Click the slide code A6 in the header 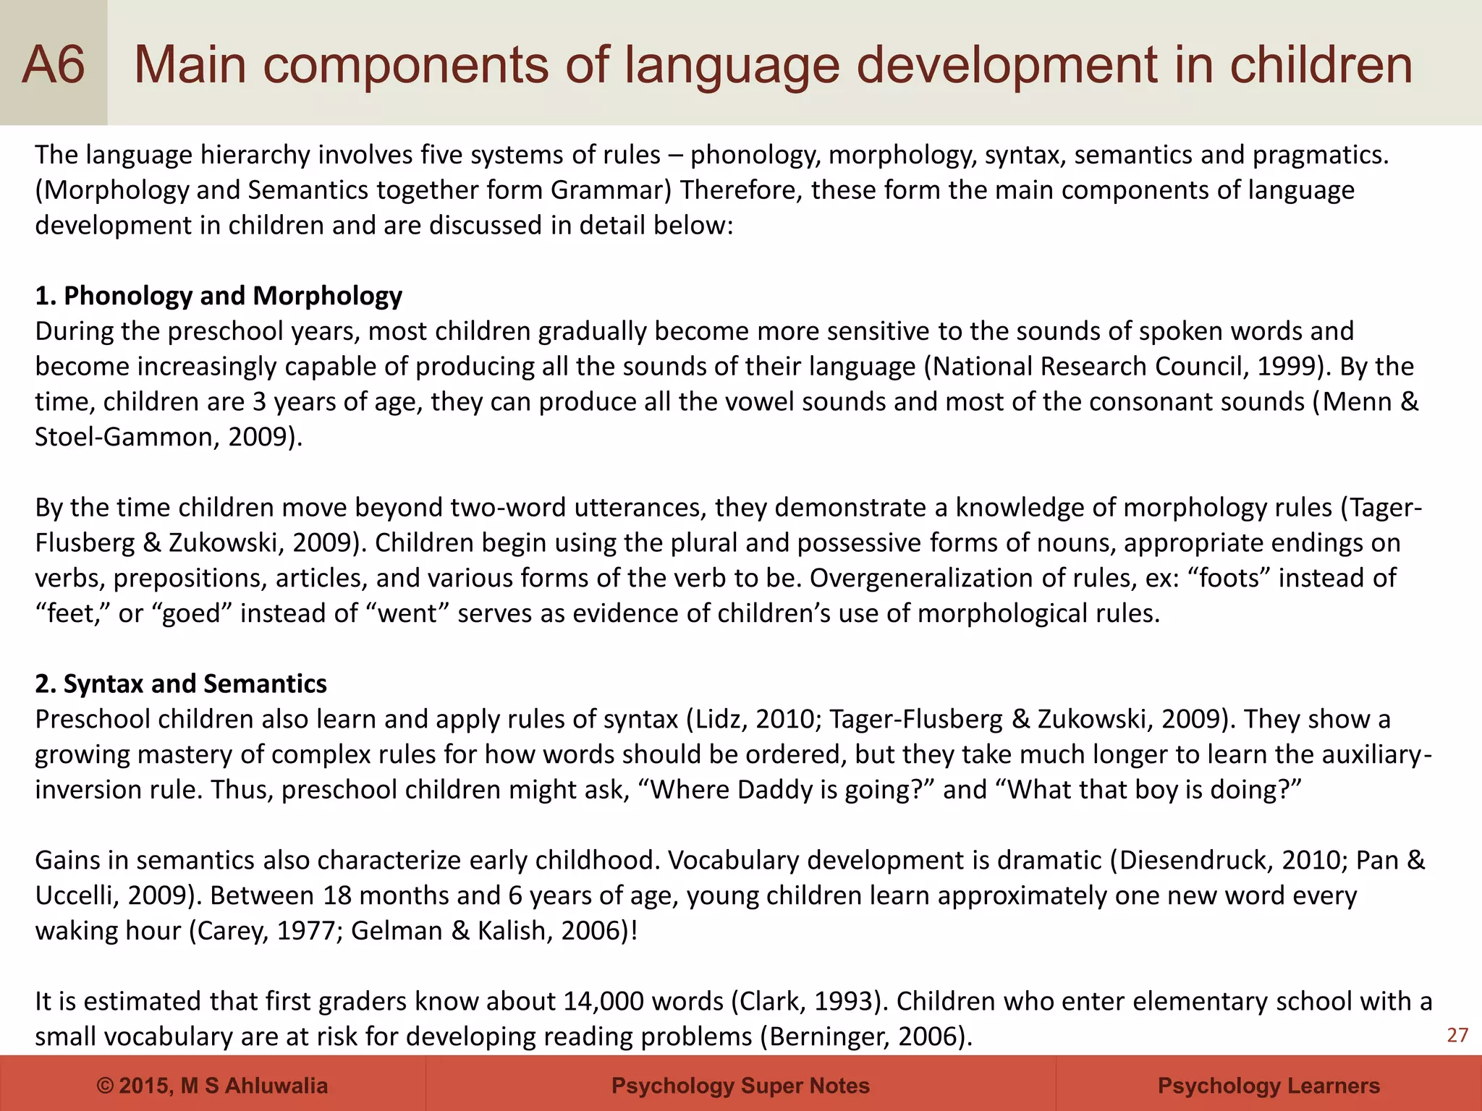point(54,64)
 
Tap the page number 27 point(1457,1035)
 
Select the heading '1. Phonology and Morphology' point(219,296)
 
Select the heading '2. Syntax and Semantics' point(181,684)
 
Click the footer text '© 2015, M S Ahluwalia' point(212,1085)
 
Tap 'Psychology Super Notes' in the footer point(740,1085)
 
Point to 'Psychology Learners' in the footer point(1269,1085)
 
